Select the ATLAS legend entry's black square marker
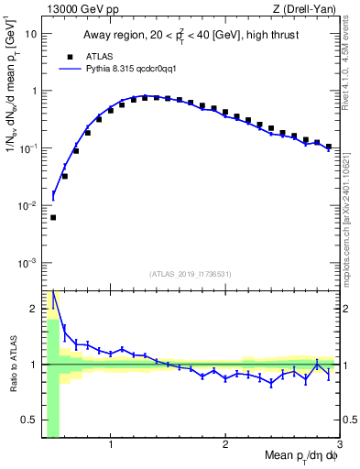coord(67,56)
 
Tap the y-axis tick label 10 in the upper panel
coord(29,34)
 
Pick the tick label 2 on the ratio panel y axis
coord(33,308)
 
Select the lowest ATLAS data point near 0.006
coord(53,217)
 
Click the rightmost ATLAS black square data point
coord(328,147)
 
